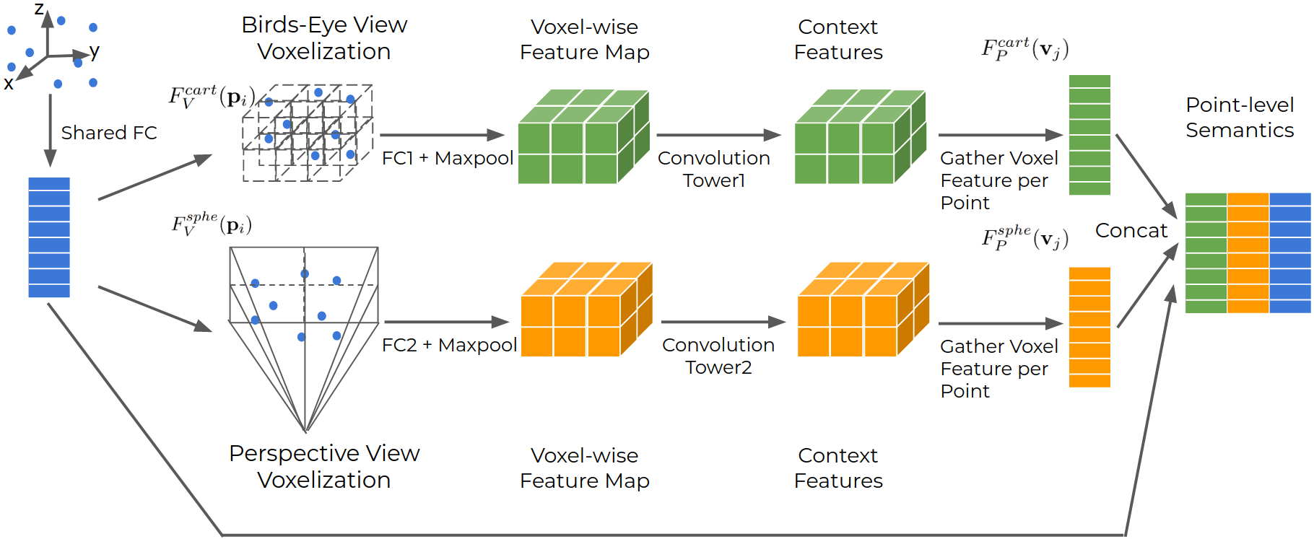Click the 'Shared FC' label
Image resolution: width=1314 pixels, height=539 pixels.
[108, 133]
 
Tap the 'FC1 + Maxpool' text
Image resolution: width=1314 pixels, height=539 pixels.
[447, 158]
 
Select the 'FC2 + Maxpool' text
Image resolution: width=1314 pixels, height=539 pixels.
[449, 345]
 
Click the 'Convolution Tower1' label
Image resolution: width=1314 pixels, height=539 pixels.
[713, 169]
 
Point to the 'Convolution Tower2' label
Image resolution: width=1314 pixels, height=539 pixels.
[718, 356]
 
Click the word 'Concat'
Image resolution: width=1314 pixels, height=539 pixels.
[1131, 231]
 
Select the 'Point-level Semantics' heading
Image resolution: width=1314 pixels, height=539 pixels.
[1239, 118]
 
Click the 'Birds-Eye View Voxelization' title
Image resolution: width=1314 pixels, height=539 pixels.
[324, 38]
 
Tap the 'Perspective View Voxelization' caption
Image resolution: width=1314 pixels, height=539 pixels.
[324, 466]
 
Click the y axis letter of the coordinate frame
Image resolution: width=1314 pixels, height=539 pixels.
[95, 51]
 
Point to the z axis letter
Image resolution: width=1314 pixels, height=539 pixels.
[39, 9]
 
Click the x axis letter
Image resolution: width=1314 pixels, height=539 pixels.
[9, 84]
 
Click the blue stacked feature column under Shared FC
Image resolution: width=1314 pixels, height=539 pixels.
[49, 237]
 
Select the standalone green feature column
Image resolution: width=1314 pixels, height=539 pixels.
[1089, 135]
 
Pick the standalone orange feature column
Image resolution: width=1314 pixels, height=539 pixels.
[1089, 327]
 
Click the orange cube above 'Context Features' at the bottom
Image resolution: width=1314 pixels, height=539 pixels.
[861, 310]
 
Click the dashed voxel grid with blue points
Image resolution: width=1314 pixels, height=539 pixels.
[308, 133]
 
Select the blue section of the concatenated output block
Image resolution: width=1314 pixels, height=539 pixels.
[1289, 253]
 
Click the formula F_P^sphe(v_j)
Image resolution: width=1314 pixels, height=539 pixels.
[1024, 237]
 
